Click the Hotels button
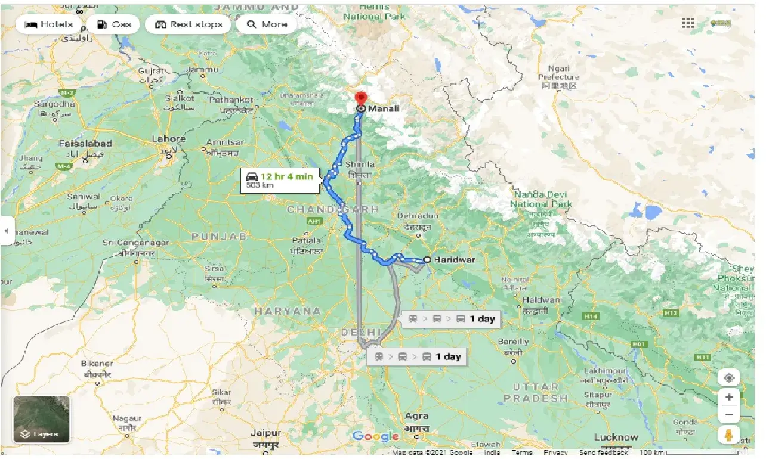pyautogui.click(x=49, y=24)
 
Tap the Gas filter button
pyautogui.click(x=113, y=24)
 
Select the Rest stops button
pyautogui.click(x=189, y=24)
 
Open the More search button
pyautogui.click(x=267, y=24)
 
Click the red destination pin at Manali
pyautogui.click(x=361, y=98)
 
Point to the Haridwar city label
pyautogui.click(x=455, y=259)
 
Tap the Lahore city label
pyautogui.click(x=168, y=139)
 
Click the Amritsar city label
pyautogui.click(x=225, y=142)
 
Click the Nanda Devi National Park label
pyautogui.click(x=540, y=200)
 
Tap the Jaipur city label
pyautogui.click(x=265, y=432)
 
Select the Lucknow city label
pyautogui.click(x=615, y=437)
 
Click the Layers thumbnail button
pyautogui.click(x=41, y=420)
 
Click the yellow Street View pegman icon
pyautogui.click(x=728, y=435)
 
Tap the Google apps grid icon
pyautogui.click(x=688, y=23)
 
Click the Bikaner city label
pyautogui.click(x=97, y=363)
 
